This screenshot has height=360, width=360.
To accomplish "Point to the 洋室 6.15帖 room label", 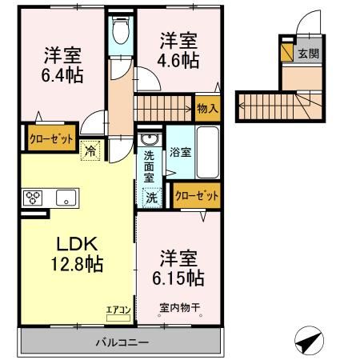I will tap(178, 268).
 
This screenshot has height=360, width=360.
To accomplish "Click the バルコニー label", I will tap(120, 342).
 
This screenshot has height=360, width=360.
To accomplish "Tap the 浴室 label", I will tap(181, 152).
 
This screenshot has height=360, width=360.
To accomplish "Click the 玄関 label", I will tap(308, 54).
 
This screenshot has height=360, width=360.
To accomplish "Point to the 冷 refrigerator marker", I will tap(90, 149).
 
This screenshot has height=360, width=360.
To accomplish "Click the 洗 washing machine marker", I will tap(150, 198).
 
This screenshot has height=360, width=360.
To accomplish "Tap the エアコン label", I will tap(118, 307).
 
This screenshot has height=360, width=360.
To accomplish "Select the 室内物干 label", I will tap(177, 306).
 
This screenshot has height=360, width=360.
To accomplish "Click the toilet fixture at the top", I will tap(121, 33).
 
